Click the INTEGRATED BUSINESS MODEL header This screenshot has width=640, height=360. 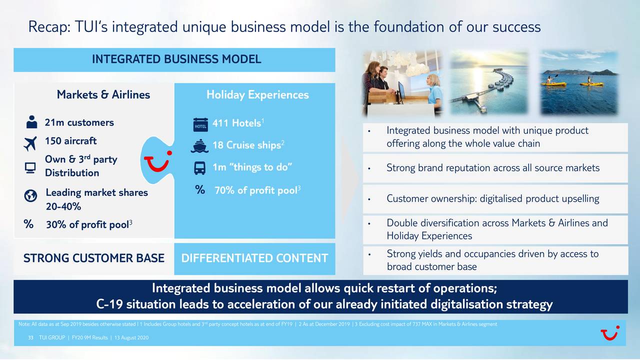tap(176, 59)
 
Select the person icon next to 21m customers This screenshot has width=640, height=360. tap(31, 122)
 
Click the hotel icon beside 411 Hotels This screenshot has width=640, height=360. tap(200, 125)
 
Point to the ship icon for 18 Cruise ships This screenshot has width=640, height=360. tap(199, 145)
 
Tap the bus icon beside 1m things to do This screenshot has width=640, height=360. tap(199, 167)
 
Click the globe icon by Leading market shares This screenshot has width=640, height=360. tap(30, 196)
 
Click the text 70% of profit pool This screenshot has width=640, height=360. tap(255, 190)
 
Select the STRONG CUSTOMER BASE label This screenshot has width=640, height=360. tap(93, 258)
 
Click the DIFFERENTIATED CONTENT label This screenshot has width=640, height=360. tap(254, 258)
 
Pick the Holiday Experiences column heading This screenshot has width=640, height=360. tap(257, 94)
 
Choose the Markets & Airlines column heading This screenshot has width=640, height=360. tap(103, 94)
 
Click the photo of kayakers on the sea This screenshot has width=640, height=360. tap(578, 82)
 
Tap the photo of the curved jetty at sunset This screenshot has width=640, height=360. tap(489, 82)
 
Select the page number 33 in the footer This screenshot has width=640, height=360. tap(31, 337)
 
